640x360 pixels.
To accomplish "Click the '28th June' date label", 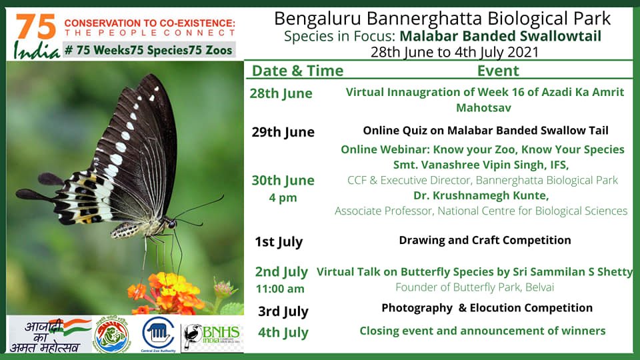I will coord(281,93).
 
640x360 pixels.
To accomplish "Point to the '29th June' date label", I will coord(283,132).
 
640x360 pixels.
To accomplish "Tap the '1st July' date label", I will coord(279,241).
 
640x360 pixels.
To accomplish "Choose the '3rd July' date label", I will coord(283,311).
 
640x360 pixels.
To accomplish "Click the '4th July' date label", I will coord(283,332).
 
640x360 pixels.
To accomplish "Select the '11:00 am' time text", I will coord(280,289).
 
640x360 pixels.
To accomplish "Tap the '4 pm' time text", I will coord(283,198).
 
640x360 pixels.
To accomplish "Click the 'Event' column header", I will coord(497,71).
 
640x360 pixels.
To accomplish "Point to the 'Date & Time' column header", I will coord(297,71).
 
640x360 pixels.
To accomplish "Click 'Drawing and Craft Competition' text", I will coord(485,240).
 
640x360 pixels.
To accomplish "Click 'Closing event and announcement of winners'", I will coord(482,331).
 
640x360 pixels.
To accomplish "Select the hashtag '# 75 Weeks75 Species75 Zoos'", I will coord(150,49).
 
